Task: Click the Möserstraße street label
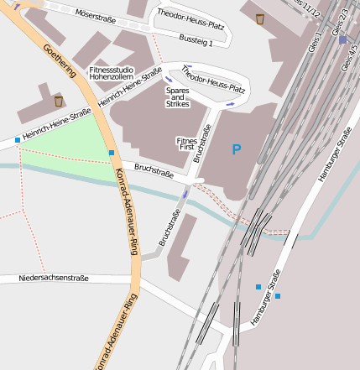[94, 14]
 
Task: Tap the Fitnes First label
[186, 143]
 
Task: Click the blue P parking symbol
[237, 150]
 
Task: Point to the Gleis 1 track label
[317, 38]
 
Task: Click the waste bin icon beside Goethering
[58, 102]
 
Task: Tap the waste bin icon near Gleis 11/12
[260, 18]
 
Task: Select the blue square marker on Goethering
[112, 153]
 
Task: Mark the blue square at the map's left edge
[17, 139]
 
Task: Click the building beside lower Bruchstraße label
[182, 248]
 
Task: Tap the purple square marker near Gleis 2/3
[342, 39]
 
